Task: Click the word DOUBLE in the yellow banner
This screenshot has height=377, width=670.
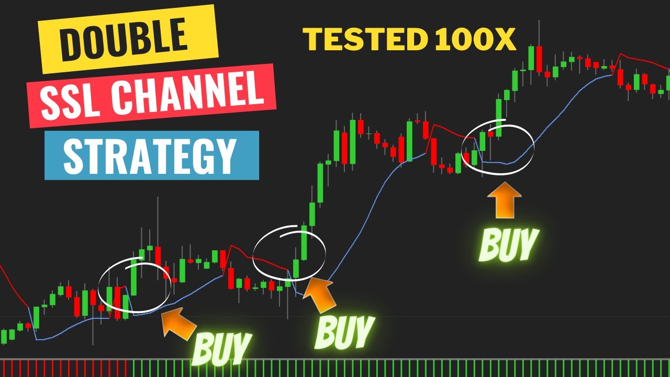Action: tap(124, 39)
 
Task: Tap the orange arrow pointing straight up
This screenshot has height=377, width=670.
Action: tap(504, 200)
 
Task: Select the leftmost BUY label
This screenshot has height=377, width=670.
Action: tap(222, 348)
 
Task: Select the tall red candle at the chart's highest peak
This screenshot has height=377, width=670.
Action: tap(539, 59)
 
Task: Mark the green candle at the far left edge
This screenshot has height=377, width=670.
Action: tap(4, 336)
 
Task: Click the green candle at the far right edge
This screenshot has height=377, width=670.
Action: tap(668, 83)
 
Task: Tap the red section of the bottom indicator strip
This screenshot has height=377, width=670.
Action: tap(63, 368)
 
